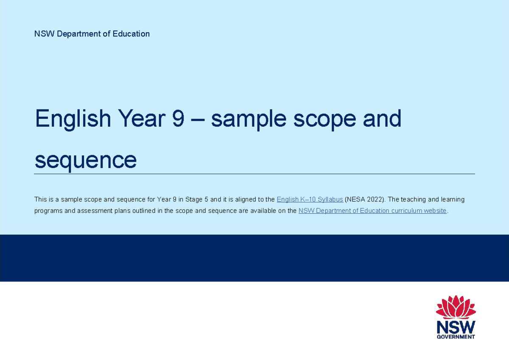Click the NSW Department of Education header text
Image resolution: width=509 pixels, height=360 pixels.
[92, 34]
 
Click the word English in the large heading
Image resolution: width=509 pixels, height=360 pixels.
[73, 119]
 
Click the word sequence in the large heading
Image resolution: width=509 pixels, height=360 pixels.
[86, 160]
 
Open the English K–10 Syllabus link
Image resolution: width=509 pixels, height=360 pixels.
[310, 199]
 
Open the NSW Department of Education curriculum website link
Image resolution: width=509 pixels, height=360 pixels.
[372, 211]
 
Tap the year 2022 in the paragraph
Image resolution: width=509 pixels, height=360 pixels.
[375, 199]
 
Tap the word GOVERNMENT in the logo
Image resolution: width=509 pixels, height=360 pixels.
[456, 337]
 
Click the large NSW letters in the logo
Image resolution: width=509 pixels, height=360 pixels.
[456, 327]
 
